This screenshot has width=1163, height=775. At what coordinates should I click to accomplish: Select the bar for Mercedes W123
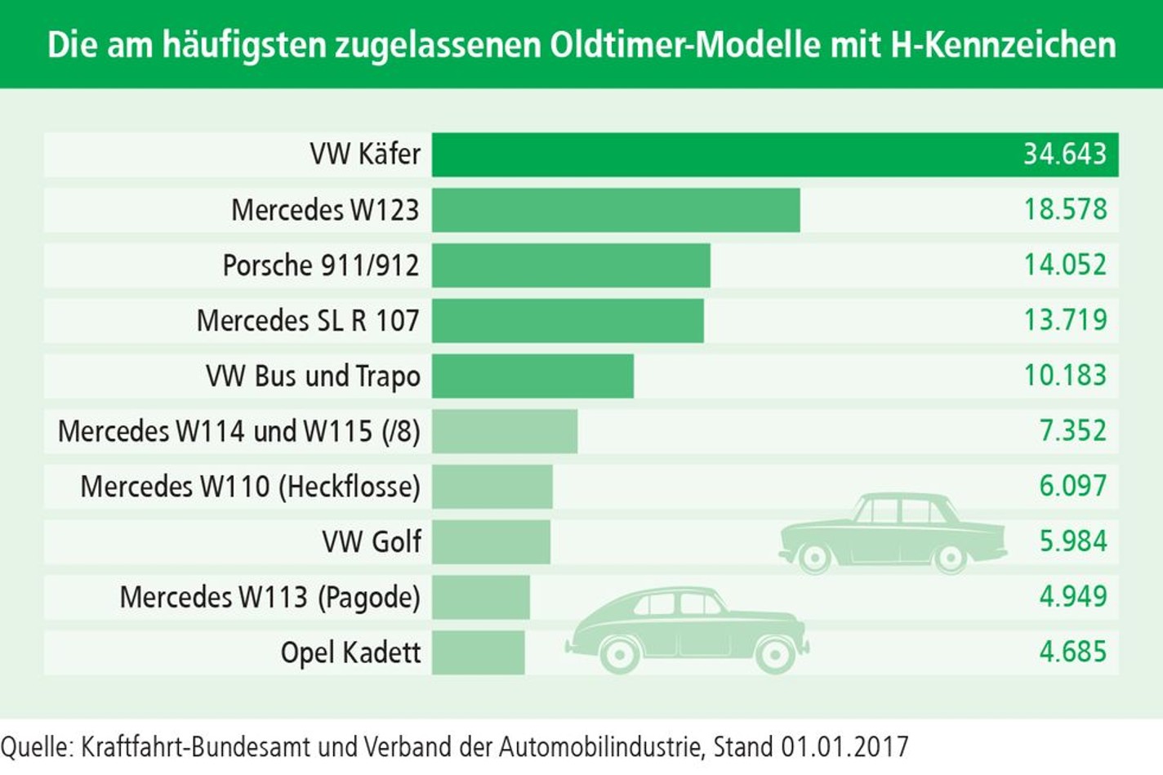tap(616, 210)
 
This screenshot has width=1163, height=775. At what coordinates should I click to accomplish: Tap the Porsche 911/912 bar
tap(571, 265)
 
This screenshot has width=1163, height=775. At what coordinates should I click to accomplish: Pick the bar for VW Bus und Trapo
tap(532, 376)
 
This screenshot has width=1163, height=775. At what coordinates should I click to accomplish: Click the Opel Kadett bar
tap(478, 653)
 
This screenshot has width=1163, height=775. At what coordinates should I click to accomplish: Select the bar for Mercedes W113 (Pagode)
tap(480, 597)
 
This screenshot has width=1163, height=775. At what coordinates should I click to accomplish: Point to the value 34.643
tap(1064, 154)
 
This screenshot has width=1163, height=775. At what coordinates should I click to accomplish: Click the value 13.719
tap(1064, 320)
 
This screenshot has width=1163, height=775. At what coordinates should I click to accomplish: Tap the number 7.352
tap(1072, 431)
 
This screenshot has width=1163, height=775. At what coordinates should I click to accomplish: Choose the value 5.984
tap(1072, 541)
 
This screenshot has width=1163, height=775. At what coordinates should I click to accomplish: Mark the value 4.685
tap(1072, 653)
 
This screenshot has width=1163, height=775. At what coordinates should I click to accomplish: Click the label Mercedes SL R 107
tap(308, 321)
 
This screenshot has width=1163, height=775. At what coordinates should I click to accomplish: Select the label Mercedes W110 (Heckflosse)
tap(250, 487)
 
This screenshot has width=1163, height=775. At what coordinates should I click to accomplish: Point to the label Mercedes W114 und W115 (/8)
tap(238, 431)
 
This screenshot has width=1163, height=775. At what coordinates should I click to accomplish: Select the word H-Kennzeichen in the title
tap(1002, 45)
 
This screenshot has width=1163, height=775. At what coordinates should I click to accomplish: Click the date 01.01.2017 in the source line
tap(844, 747)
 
